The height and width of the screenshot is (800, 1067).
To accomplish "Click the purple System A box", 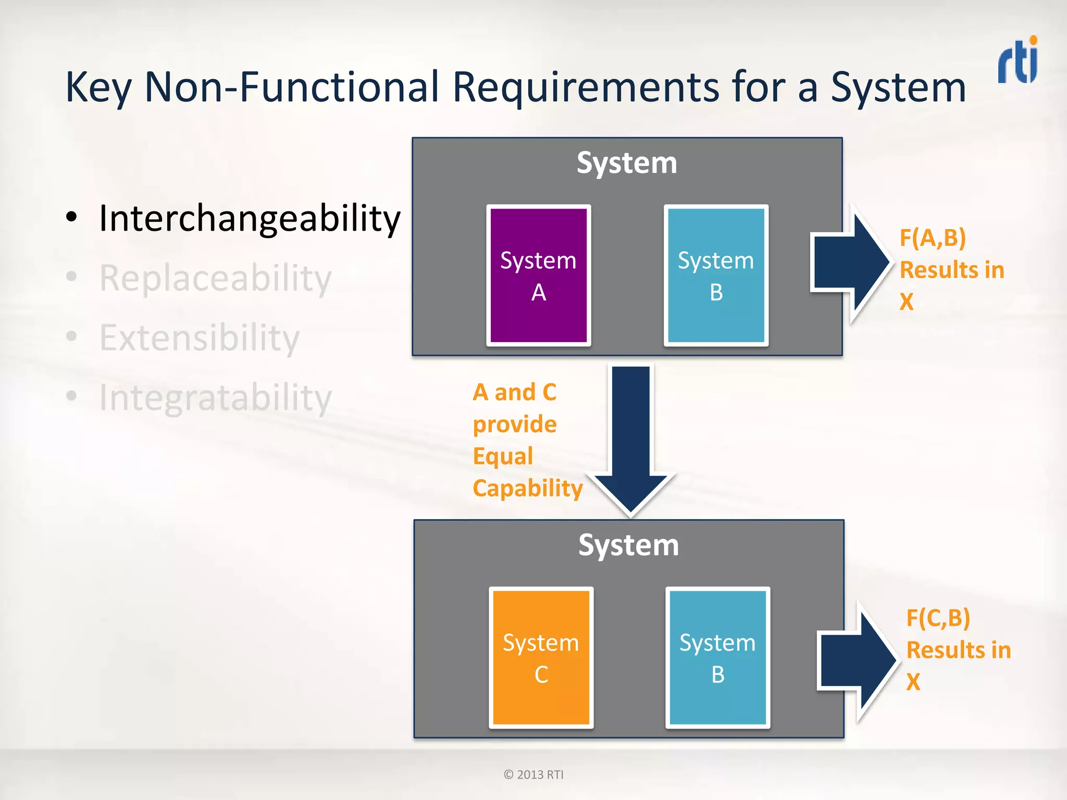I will (538, 276).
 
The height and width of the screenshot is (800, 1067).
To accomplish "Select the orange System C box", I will (541, 658).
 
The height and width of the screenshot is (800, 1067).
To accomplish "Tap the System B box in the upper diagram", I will (716, 276).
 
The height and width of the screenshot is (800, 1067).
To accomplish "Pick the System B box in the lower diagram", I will (717, 658).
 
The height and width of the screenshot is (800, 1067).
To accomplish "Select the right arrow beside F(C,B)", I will (857, 660).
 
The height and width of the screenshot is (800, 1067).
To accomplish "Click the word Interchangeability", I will (250, 218).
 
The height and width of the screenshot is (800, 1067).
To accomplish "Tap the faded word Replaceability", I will (215, 278).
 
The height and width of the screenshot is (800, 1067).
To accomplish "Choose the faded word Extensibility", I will (200, 338).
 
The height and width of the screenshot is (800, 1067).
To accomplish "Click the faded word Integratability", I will (215, 398).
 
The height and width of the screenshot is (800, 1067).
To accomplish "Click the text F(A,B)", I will (933, 238).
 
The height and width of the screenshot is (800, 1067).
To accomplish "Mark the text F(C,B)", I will (938, 618).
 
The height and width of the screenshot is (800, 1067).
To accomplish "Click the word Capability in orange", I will (527, 489).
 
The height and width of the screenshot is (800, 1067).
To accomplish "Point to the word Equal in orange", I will (503, 456).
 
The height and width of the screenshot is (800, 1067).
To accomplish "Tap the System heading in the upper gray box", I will (627, 163).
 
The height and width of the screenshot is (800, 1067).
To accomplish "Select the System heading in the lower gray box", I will (628, 545).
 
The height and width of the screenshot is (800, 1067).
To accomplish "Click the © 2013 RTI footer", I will (533, 774).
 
